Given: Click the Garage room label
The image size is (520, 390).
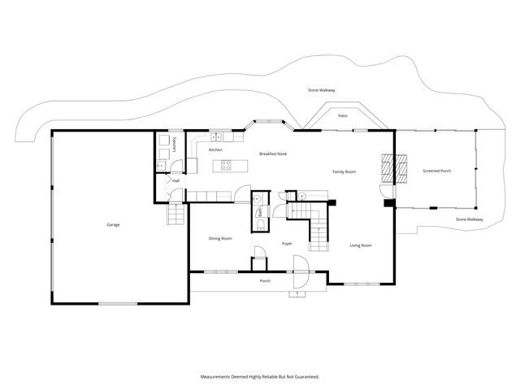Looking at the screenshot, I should [112, 224].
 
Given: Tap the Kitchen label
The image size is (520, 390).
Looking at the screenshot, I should [215, 150].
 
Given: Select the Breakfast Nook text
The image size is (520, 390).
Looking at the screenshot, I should [273, 154].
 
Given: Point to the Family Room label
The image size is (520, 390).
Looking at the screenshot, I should [344, 171].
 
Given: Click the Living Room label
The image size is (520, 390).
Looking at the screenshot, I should [361, 245].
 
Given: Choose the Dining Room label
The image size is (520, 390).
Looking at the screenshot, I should [220, 238].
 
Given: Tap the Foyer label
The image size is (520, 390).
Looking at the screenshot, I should [287, 243].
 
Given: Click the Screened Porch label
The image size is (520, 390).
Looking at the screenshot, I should [437, 171].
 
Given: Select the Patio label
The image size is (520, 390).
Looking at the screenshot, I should [343, 116].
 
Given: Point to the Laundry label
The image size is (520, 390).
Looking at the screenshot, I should [175, 145].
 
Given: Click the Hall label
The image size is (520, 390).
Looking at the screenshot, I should [175, 181].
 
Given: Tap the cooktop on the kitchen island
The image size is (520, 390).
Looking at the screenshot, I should [227, 166].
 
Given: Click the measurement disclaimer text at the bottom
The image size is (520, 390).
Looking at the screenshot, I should [260, 376].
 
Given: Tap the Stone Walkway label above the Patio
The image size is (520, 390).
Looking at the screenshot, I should [322, 89].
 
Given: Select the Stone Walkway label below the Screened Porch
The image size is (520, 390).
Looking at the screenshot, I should [469, 219].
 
